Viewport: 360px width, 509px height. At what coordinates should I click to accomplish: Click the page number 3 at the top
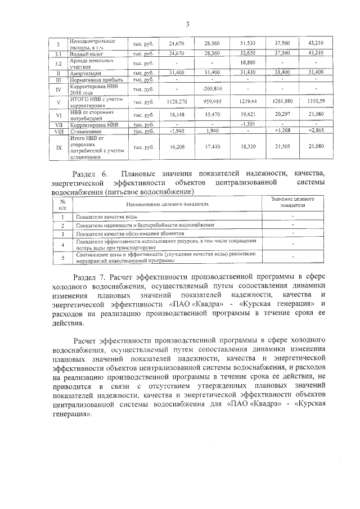(187, 24)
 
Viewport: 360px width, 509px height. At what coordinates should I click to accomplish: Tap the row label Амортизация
(85, 73)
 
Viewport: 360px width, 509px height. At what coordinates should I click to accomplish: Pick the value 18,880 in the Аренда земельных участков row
(247, 63)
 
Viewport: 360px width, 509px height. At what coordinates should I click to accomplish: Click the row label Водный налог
(85, 53)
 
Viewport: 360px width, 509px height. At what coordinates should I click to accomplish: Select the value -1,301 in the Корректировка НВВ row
(247, 124)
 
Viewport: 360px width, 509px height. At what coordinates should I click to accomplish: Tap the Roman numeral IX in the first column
(58, 147)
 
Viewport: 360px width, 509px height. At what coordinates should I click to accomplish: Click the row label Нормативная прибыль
(91, 80)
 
